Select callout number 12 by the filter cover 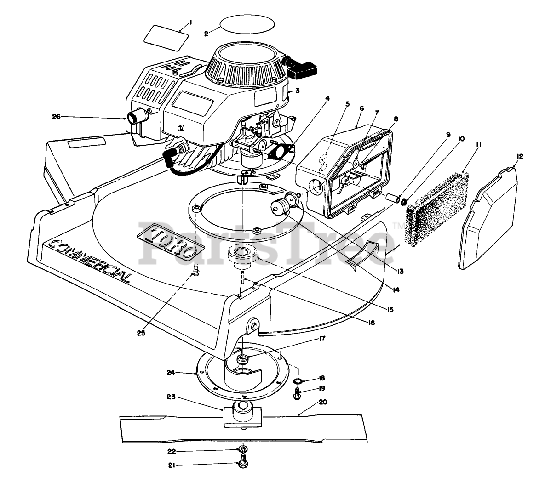[519, 156]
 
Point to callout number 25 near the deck [141, 333]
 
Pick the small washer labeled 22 [242, 448]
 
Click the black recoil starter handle [304, 68]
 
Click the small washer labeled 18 [298, 381]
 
